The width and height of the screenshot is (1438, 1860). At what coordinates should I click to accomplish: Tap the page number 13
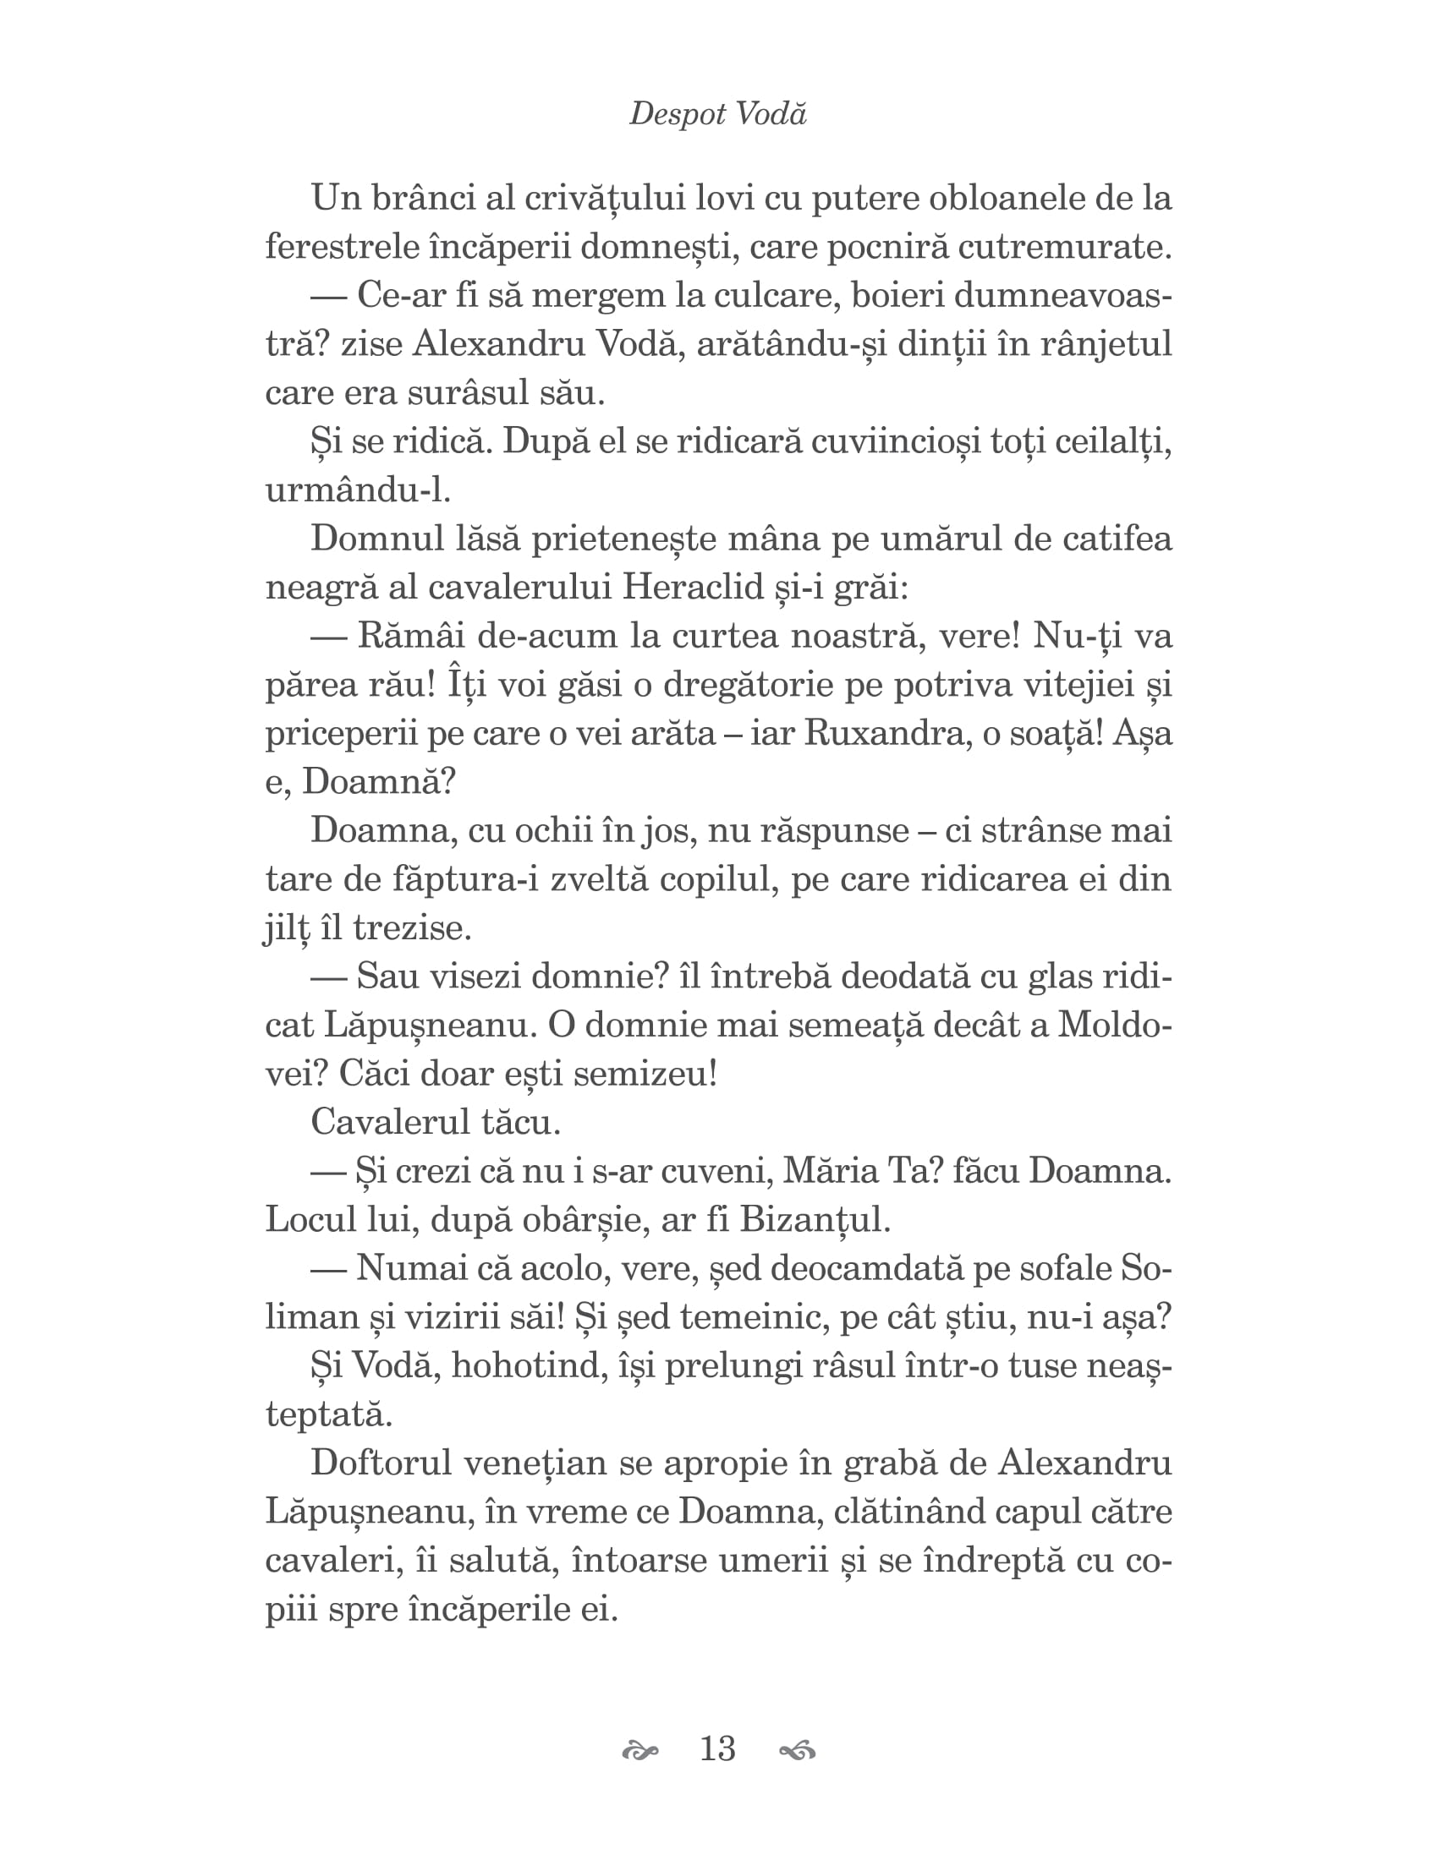click(x=717, y=1748)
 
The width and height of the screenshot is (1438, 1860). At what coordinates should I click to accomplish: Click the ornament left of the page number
click(x=640, y=1751)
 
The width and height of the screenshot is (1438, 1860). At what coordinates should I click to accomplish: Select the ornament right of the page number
click(x=798, y=1751)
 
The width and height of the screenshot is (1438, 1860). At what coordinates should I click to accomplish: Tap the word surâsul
click(x=465, y=393)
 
